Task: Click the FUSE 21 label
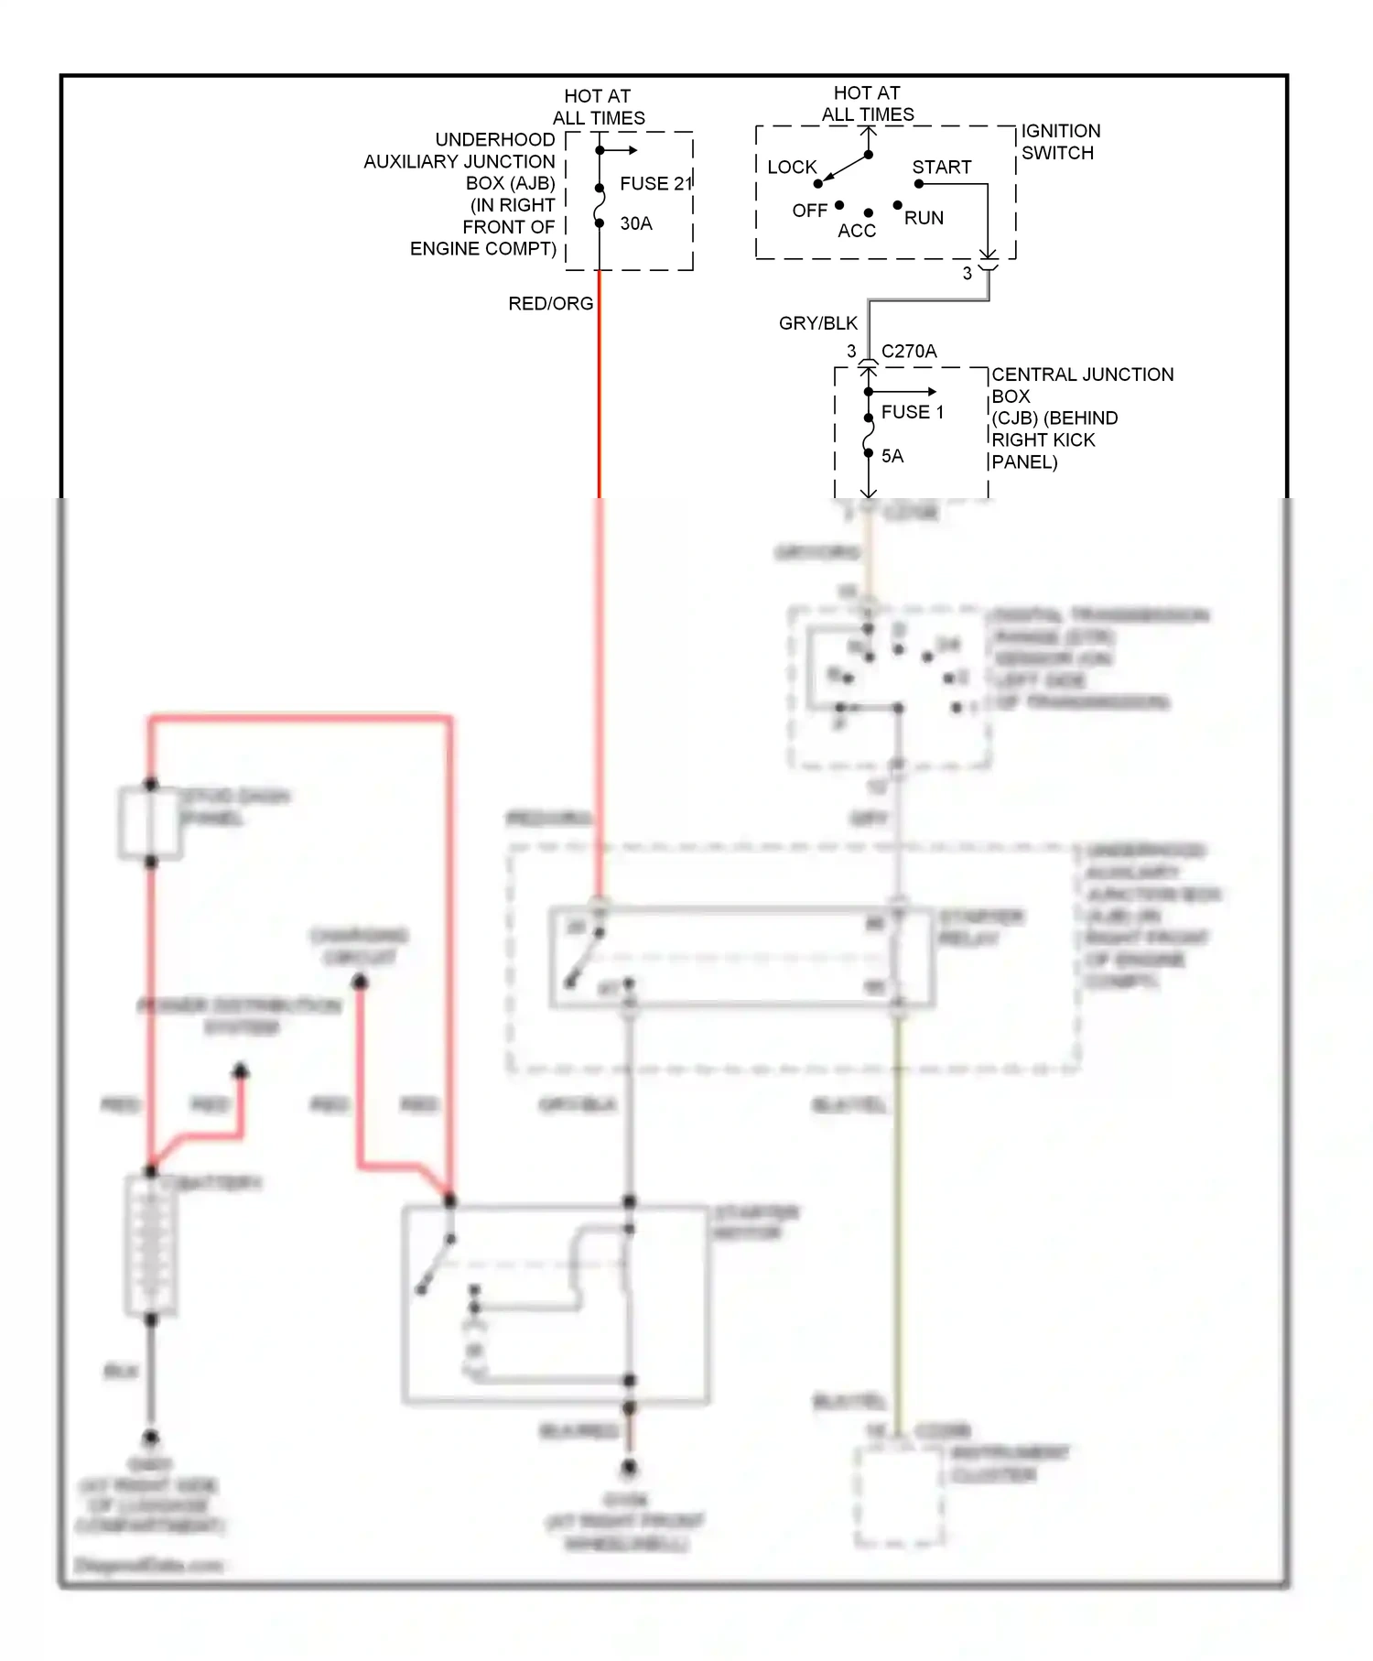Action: click(654, 184)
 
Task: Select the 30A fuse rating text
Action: click(636, 224)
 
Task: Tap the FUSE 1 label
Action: click(912, 413)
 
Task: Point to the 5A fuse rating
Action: click(892, 456)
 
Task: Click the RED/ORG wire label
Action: click(550, 304)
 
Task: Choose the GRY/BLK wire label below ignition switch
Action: click(817, 323)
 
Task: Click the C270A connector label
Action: click(908, 352)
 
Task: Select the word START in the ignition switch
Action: click(941, 168)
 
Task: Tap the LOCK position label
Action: click(792, 168)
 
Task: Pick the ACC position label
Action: click(857, 232)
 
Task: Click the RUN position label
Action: click(924, 218)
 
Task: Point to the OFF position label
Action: click(809, 212)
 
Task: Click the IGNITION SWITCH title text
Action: click(1060, 142)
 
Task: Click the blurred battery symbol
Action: click(150, 1245)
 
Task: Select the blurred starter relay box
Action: click(741, 958)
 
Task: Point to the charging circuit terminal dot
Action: click(360, 982)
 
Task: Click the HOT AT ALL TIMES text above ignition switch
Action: click(867, 104)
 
